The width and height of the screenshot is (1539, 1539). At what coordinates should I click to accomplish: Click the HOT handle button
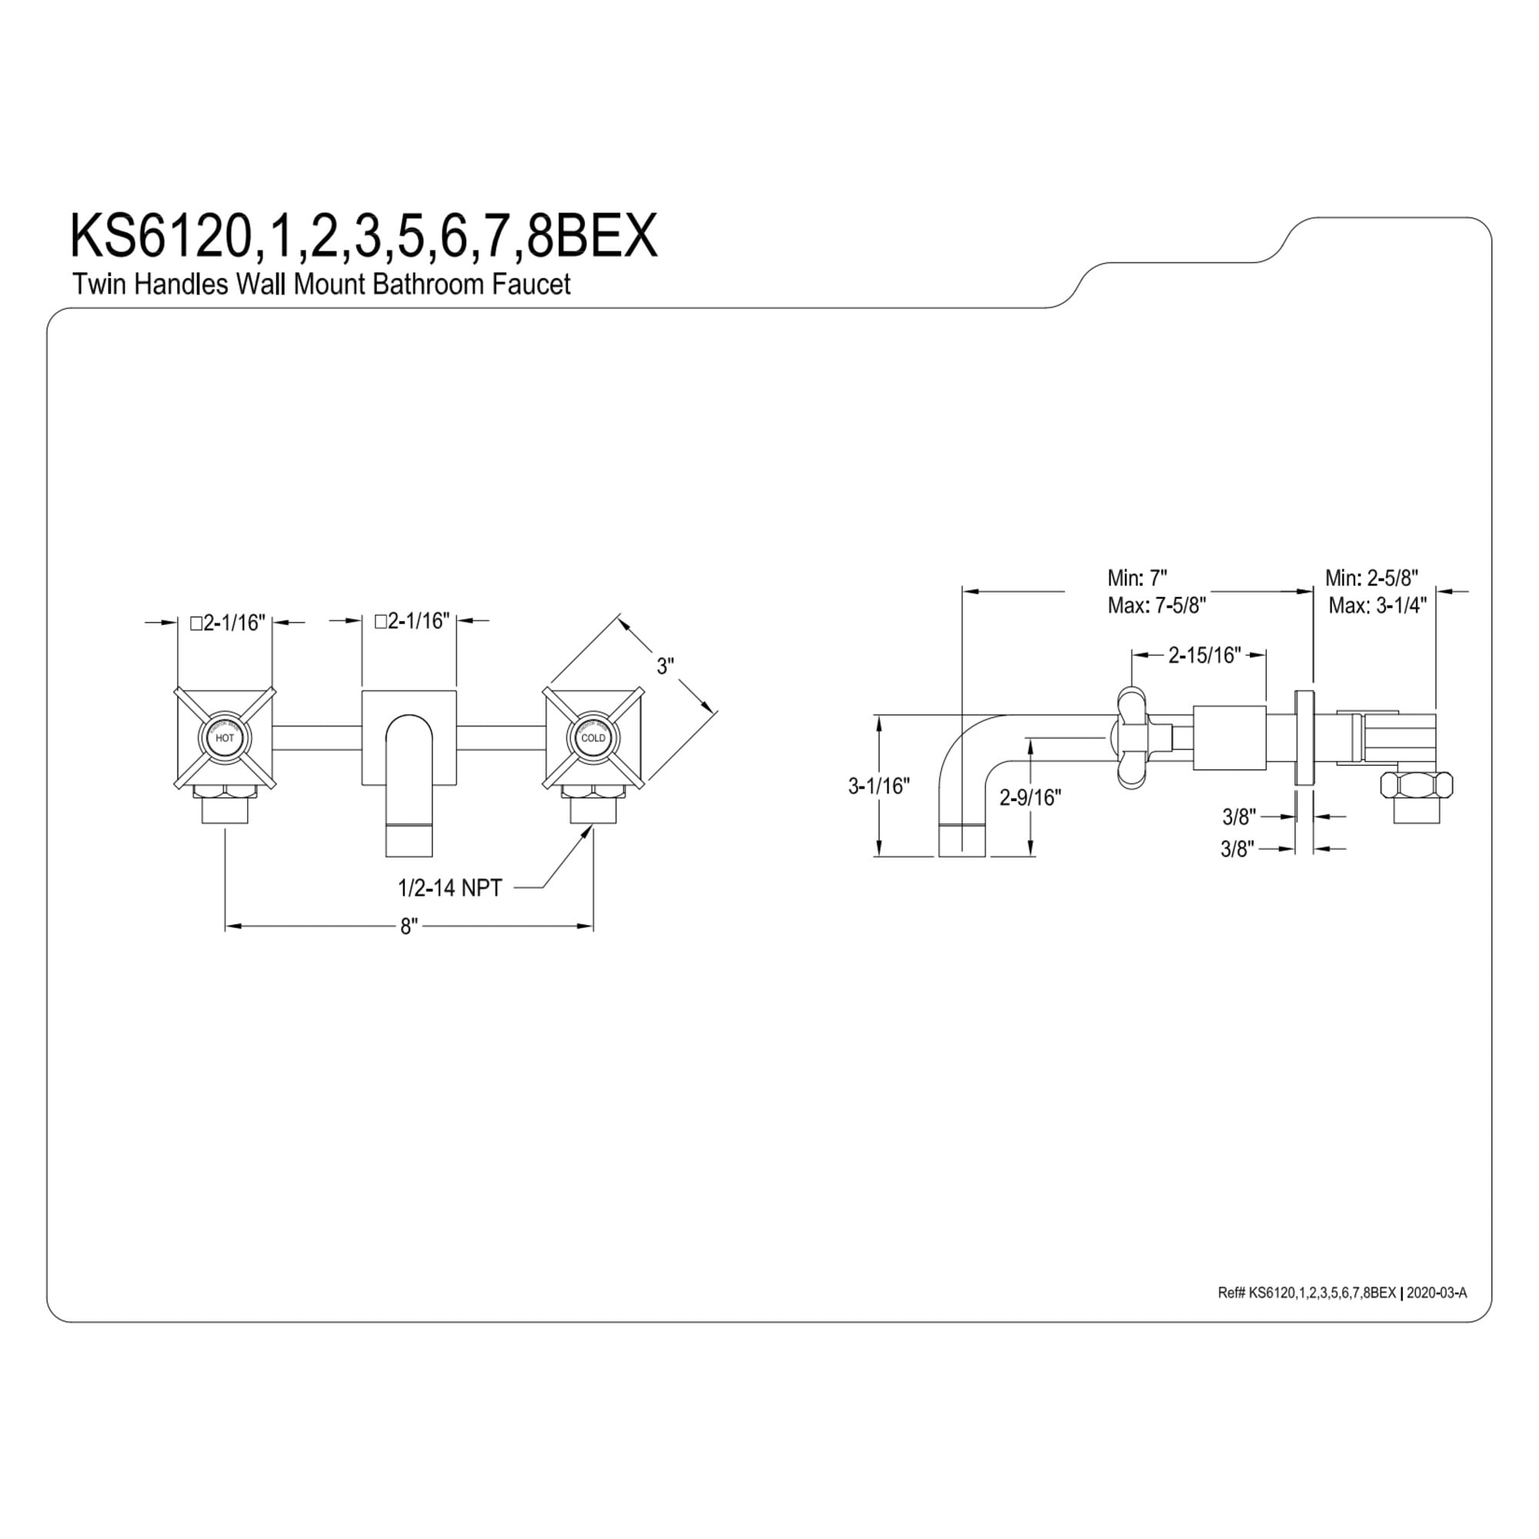(225, 738)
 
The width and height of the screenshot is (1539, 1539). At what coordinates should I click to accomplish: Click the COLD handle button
(593, 738)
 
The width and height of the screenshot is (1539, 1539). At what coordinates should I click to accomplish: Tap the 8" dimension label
(409, 926)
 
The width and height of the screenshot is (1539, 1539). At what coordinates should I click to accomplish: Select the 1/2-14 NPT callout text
(450, 887)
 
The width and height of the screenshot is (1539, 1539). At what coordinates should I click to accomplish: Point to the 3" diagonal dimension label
(665, 666)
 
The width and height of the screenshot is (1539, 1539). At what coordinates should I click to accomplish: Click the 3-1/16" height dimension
(879, 786)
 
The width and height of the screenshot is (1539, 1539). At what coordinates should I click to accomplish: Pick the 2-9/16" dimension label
(1031, 797)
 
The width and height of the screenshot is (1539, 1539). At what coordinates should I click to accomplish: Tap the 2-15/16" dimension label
(1205, 655)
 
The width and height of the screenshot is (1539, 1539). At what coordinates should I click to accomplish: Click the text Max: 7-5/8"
(1157, 606)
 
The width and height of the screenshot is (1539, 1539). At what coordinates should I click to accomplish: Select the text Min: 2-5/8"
(1372, 578)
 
